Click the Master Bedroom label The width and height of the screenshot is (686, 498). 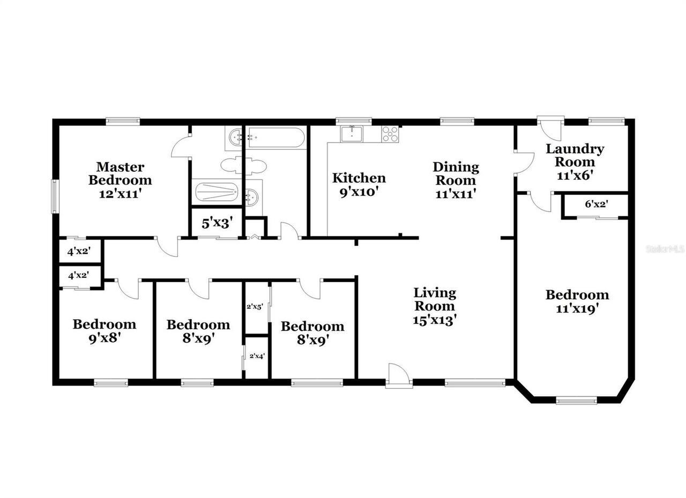coord(120,180)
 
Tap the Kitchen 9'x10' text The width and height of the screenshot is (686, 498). coord(359,184)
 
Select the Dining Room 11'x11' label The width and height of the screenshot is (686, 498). coord(455,180)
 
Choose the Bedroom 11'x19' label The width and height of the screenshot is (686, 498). coord(577,301)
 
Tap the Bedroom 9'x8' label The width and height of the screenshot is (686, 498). coord(105,331)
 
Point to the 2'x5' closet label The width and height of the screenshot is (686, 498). coord(254,307)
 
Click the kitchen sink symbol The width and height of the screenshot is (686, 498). coord(351,134)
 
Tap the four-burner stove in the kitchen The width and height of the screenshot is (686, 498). coord(390,134)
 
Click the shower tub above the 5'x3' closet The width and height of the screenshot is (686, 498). coord(216,191)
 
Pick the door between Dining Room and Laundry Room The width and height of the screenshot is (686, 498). coord(523,163)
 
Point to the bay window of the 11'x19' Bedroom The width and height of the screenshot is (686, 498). coord(576,400)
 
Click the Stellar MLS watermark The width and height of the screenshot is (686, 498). coord(665,249)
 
